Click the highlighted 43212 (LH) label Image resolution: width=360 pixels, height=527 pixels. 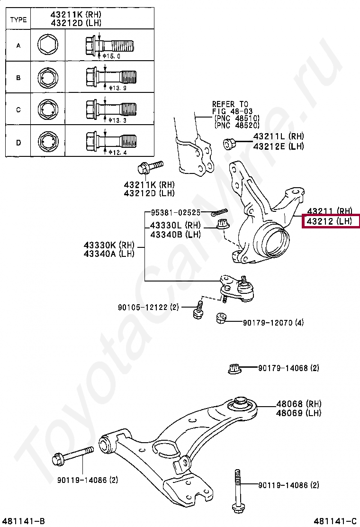click(330, 221)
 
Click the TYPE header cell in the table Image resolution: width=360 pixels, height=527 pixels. click(18, 19)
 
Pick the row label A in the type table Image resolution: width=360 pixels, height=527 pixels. click(18, 46)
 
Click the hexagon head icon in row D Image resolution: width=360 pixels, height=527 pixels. click(47, 141)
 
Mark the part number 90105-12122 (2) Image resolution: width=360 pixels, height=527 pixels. click(148, 308)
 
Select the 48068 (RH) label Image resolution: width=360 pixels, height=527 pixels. click(299, 404)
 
